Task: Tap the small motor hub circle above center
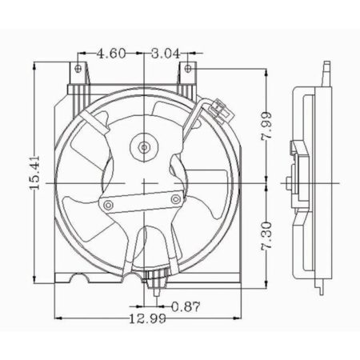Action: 144,146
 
